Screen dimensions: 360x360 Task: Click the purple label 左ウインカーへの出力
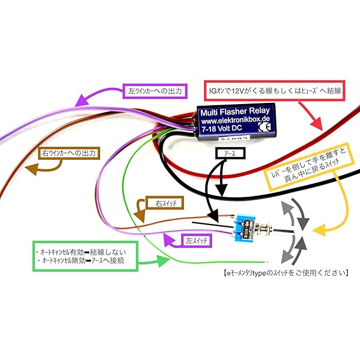[154, 89]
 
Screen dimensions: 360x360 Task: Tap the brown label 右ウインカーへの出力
[69, 152]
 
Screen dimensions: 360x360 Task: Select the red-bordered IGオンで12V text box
[275, 89]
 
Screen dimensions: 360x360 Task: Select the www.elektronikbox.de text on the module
[235, 120]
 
